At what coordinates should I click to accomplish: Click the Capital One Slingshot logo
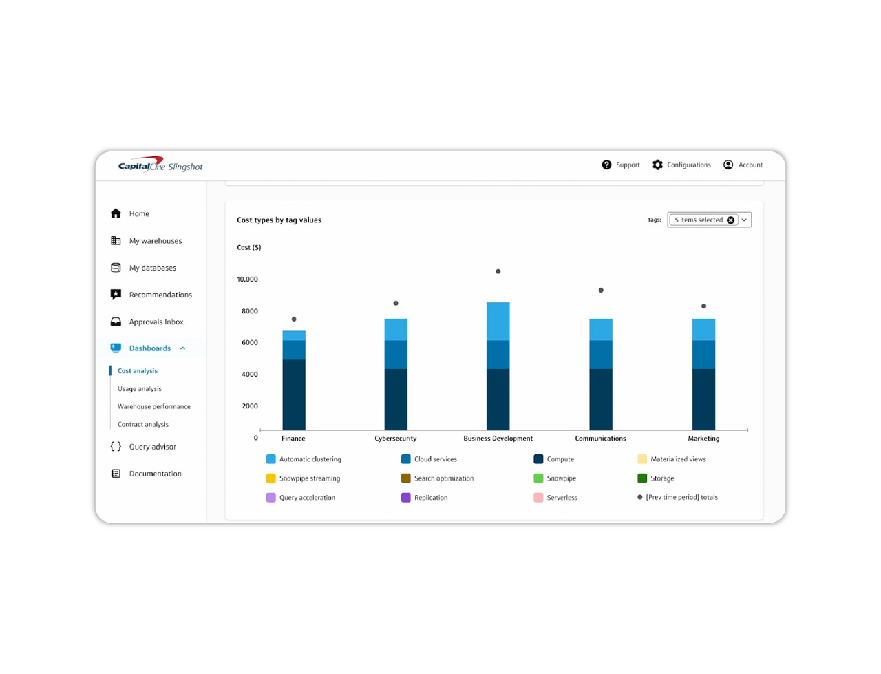pos(160,165)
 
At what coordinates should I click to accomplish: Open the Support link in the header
pos(621,165)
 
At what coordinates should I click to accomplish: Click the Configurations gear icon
pos(658,165)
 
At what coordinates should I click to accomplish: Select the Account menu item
pos(743,165)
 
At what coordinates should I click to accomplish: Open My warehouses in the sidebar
pos(156,241)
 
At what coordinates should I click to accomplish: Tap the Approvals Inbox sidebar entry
pos(156,322)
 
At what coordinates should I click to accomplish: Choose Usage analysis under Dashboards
pos(140,389)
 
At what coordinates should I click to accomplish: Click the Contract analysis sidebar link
pos(143,425)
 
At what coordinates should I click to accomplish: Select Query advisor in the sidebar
pos(153,447)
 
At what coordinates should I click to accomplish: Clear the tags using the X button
pos(731,220)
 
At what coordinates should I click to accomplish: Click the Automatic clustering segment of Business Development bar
pos(498,322)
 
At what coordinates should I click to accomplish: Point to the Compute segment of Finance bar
pos(294,394)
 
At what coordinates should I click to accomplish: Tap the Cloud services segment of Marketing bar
pos(703,355)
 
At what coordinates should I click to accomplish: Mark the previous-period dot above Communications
pos(601,291)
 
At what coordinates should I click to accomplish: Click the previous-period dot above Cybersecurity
pos(396,304)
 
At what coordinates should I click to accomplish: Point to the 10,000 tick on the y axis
pos(247,280)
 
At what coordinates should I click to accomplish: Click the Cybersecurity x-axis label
pos(396,439)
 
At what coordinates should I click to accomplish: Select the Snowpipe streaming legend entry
pos(309,478)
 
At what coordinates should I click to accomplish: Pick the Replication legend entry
pos(430,498)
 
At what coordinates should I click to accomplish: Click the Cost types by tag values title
pos(279,220)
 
